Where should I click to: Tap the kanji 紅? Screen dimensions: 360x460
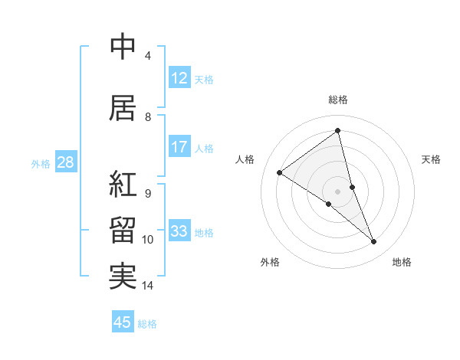(x=122, y=185)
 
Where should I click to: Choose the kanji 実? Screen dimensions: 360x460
(x=122, y=276)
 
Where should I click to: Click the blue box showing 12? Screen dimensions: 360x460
(x=179, y=78)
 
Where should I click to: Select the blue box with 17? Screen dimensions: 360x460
(x=179, y=147)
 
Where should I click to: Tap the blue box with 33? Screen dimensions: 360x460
(x=179, y=231)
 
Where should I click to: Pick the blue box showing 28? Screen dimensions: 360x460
(x=64, y=162)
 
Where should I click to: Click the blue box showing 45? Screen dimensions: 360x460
(x=123, y=322)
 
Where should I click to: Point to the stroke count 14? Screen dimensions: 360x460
(x=148, y=286)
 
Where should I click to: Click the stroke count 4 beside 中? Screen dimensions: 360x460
(x=148, y=56)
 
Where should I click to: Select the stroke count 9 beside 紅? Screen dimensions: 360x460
(x=148, y=193)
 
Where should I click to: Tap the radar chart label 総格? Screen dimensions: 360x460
(x=337, y=100)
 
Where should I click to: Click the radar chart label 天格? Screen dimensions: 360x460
(x=431, y=159)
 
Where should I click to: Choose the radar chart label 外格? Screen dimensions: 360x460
(x=270, y=262)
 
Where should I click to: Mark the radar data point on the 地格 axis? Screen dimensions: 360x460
(x=374, y=242)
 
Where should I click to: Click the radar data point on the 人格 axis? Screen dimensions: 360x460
(x=279, y=172)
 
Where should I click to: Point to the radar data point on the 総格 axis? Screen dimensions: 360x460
(x=337, y=130)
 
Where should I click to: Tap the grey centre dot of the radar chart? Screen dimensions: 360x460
(x=337, y=191)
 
